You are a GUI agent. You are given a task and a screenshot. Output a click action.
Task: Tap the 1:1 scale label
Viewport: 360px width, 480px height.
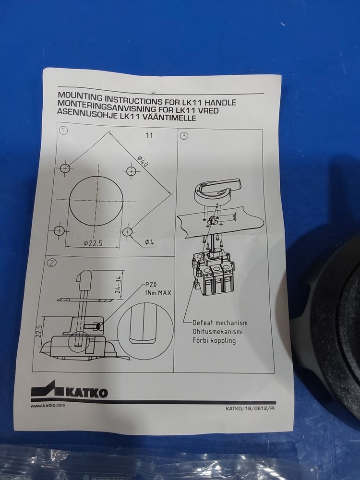tap(149, 136)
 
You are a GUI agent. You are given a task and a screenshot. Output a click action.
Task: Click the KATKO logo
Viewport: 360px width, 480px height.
tap(70, 391)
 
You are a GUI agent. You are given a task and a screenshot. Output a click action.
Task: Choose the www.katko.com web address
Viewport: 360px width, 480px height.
tap(48, 406)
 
